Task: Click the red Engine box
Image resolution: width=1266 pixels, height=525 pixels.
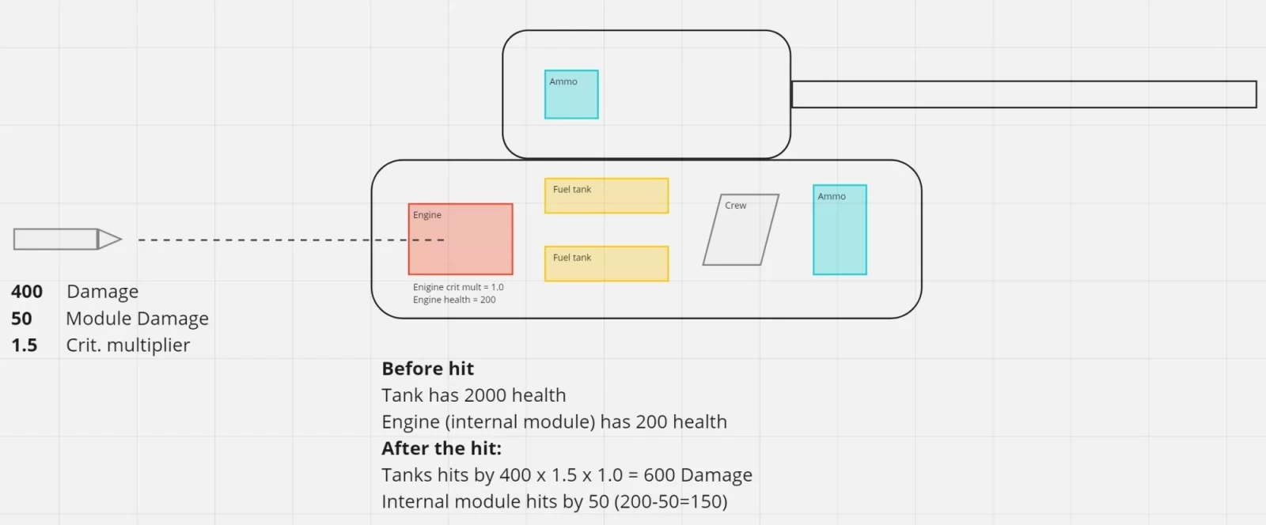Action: tap(461, 240)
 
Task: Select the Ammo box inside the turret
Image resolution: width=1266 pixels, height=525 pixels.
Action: tap(571, 94)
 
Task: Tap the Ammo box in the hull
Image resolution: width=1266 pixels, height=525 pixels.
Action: tap(840, 230)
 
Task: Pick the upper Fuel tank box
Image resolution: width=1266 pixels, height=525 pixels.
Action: tap(606, 196)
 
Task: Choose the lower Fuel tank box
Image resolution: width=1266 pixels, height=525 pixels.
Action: tap(606, 263)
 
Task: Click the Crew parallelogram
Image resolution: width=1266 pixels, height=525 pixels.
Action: tap(741, 230)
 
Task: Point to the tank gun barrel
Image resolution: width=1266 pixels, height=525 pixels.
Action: tap(1024, 94)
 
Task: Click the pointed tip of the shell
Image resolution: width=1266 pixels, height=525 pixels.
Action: tap(121, 240)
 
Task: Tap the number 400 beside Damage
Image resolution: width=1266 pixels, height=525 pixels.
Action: tap(27, 291)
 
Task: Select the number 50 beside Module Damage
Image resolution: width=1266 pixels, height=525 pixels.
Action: tap(21, 319)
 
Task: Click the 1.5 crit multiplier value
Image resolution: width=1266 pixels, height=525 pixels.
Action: tap(25, 345)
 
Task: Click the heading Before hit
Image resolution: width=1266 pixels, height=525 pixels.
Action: tap(428, 368)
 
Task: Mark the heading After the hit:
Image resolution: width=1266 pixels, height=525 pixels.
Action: tap(442, 448)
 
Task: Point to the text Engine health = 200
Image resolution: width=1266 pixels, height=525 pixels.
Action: tap(454, 300)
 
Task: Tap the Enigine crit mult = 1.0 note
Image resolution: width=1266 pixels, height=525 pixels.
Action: tap(458, 287)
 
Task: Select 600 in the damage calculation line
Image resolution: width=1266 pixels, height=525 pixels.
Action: tap(659, 474)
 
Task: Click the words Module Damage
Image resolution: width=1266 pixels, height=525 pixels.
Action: tap(138, 319)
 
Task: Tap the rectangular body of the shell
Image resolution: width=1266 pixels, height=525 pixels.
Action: tap(55, 240)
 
